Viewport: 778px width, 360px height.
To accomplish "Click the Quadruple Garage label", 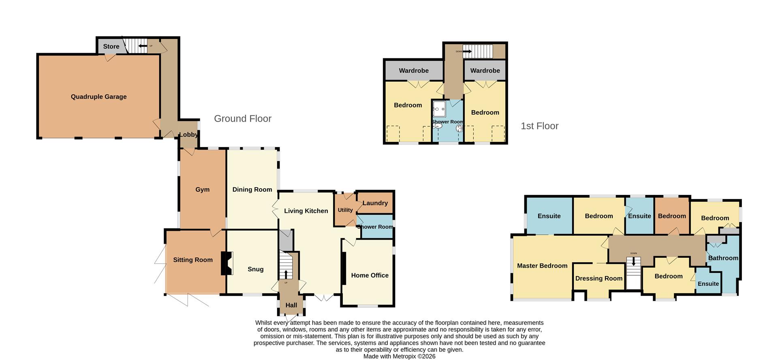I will (98, 96).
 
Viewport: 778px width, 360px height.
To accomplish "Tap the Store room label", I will (111, 47).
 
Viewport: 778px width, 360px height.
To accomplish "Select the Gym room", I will (202, 189).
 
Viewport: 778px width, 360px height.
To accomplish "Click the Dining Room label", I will (252, 189).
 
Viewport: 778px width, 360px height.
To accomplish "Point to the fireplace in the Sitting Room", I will (227, 264).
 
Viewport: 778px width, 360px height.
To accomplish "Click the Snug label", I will (255, 269).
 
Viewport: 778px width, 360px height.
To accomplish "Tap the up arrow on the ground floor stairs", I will (286, 274).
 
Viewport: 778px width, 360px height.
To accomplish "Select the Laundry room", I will (375, 203).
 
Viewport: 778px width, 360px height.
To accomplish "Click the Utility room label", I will (345, 210).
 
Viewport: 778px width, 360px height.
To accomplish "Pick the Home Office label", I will (370, 275).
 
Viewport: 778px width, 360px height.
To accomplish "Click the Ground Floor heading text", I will (242, 119).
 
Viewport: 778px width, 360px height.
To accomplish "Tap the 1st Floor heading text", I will (539, 126).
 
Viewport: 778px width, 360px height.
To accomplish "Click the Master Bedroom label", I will (542, 266).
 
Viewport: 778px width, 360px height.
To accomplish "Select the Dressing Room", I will (598, 279).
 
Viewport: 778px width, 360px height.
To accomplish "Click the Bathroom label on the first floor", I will (723, 258).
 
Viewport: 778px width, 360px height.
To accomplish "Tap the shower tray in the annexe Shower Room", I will (439, 109).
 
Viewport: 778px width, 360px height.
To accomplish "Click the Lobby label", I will (188, 135).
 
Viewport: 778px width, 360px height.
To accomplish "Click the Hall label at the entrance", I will (291, 305).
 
